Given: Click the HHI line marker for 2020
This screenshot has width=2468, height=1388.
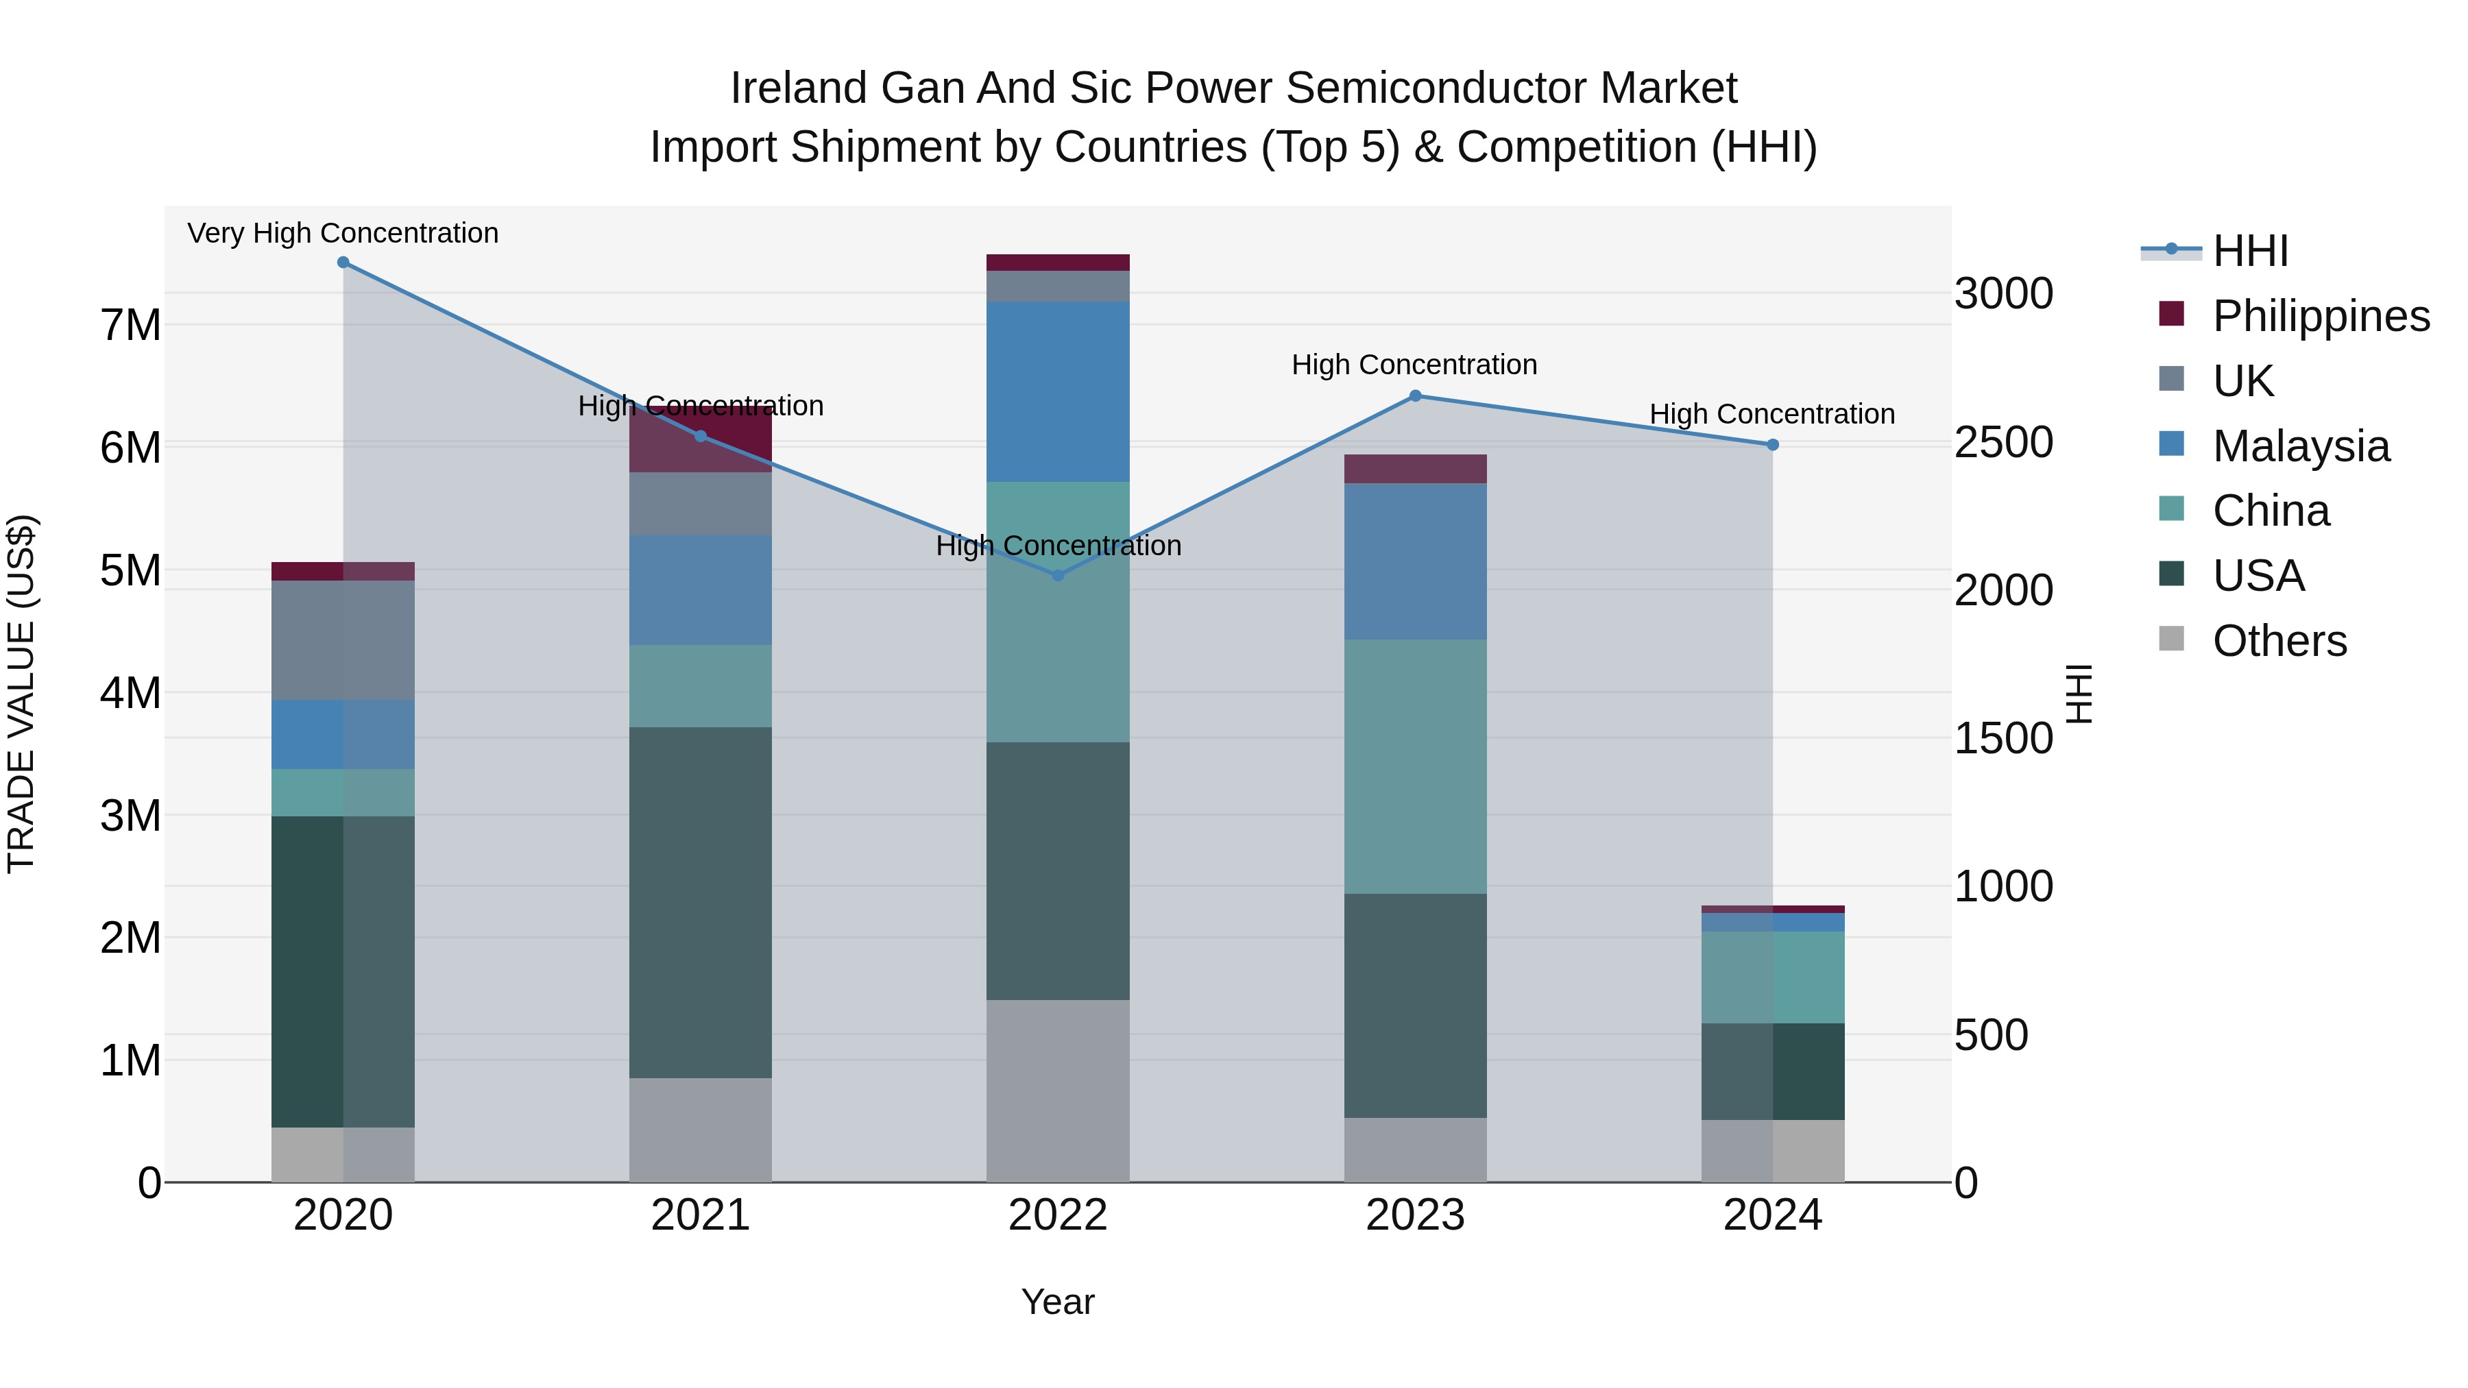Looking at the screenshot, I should (x=343, y=263).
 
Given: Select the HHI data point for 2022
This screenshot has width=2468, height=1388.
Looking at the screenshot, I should (x=1058, y=576).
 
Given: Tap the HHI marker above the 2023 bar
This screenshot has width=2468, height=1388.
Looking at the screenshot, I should (x=1415, y=395).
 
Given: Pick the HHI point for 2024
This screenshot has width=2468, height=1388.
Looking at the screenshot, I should (x=1772, y=444).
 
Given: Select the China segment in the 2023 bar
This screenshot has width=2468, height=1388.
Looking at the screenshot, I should (x=1415, y=766).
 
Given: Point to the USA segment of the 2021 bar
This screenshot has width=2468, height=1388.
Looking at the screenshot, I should (x=701, y=902).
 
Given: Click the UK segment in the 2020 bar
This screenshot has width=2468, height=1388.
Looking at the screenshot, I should (x=343, y=640).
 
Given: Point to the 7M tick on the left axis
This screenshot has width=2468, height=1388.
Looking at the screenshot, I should (x=130, y=326).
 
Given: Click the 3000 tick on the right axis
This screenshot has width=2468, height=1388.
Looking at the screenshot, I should (x=2003, y=293).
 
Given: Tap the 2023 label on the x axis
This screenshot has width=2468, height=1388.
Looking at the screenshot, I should (x=1415, y=1215).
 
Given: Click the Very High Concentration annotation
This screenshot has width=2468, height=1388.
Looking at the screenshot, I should (x=343, y=233).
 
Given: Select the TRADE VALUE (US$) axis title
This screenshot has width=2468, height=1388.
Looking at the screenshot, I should (x=21, y=694).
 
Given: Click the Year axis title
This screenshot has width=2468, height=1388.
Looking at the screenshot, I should (x=1058, y=1302).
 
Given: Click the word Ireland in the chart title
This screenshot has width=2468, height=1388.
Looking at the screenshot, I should (x=799, y=88).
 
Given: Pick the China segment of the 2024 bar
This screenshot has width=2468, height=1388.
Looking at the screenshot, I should (x=1772, y=977).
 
